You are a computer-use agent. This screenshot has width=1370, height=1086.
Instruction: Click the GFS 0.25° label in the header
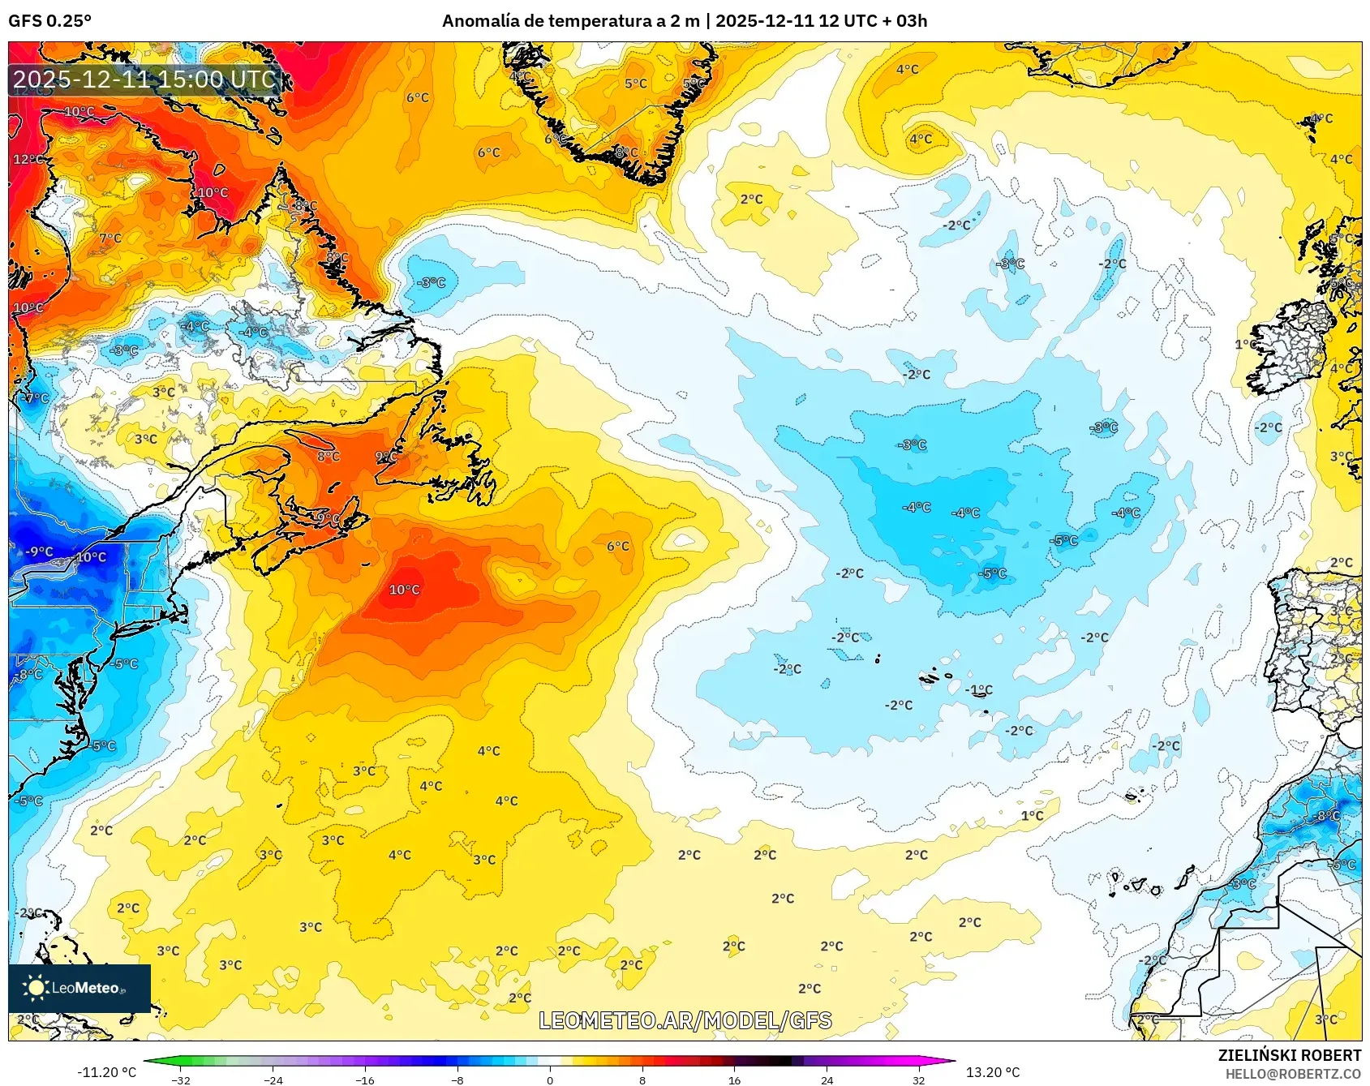pyautogui.click(x=49, y=21)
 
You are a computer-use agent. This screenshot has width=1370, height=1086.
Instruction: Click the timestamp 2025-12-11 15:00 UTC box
pyautogui.click(x=144, y=79)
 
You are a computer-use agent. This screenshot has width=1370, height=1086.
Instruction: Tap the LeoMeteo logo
pyautogui.click(x=79, y=988)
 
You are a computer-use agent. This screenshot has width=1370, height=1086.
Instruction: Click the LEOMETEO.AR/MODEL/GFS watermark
pyautogui.click(x=685, y=1020)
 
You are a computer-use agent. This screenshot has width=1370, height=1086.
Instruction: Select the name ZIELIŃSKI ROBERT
pyautogui.click(x=1289, y=1055)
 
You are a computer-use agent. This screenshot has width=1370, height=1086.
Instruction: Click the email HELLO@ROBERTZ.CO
pyautogui.click(x=1293, y=1074)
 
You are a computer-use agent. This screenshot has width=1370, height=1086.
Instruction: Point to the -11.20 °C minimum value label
pyautogui.click(x=106, y=1072)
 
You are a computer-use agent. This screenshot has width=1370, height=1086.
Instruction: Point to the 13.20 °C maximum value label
pyautogui.click(x=992, y=1072)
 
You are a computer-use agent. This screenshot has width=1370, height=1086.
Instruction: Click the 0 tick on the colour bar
pyautogui.click(x=550, y=1080)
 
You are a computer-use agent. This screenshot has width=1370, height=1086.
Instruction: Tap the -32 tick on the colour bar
pyautogui.click(x=182, y=1080)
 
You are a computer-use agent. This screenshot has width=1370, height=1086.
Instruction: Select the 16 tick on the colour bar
pyautogui.click(x=734, y=1080)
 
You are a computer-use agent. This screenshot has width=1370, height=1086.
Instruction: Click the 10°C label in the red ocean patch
pyautogui.click(x=404, y=590)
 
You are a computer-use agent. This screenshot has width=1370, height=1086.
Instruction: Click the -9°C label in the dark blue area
pyautogui.click(x=38, y=552)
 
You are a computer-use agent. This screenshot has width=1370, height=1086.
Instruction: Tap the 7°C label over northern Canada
pyautogui.click(x=110, y=238)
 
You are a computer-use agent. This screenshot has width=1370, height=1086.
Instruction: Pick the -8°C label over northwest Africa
pyautogui.click(x=1327, y=816)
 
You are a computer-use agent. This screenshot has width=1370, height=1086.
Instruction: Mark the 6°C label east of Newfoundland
pyautogui.click(x=617, y=547)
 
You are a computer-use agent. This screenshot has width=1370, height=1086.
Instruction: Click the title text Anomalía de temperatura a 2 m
pyautogui.click(x=570, y=21)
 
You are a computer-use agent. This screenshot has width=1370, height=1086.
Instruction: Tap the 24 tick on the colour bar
pyautogui.click(x=827, y=1080)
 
